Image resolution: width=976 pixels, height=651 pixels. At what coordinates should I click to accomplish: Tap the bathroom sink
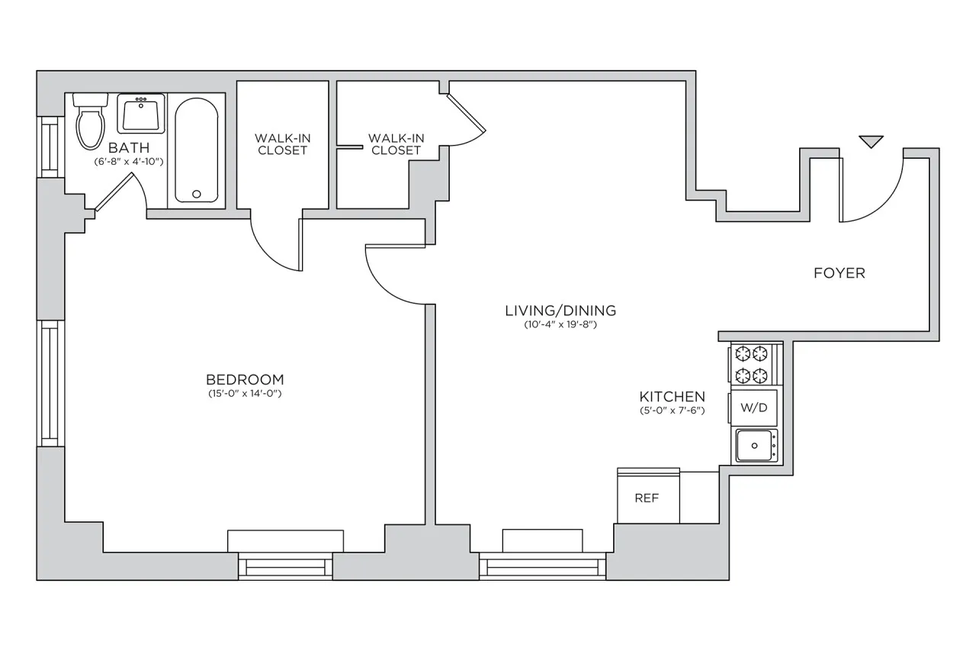click(x=141, y=114)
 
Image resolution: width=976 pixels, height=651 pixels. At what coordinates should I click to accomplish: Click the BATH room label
click(x=128, y=147)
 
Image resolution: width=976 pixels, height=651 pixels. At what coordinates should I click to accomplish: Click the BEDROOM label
click(x=245, y=379)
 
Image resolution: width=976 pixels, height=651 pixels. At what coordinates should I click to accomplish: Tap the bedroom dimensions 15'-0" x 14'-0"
click(x=245, y=394)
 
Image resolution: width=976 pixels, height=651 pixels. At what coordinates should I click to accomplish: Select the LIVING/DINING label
click(x=560, y=311)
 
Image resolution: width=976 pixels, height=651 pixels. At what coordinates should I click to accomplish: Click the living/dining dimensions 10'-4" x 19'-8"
click(x=560, y=324)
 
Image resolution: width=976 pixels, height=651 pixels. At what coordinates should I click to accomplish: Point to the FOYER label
click(x=839, y=273)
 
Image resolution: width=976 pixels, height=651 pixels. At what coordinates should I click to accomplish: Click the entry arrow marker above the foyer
click(x=871, y=141)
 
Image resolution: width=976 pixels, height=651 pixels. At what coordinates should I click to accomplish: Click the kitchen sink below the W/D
click(x=755, y=445)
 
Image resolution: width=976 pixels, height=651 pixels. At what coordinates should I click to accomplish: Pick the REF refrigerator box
click(x=647, y=497)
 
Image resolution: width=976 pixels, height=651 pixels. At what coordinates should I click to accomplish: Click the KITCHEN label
click(x=671, y=397)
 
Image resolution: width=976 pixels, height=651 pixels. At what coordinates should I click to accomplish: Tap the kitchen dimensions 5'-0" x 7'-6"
click(x=671, y=411)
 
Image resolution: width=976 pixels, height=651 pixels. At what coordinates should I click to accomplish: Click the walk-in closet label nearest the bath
click(x=282, y=143)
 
